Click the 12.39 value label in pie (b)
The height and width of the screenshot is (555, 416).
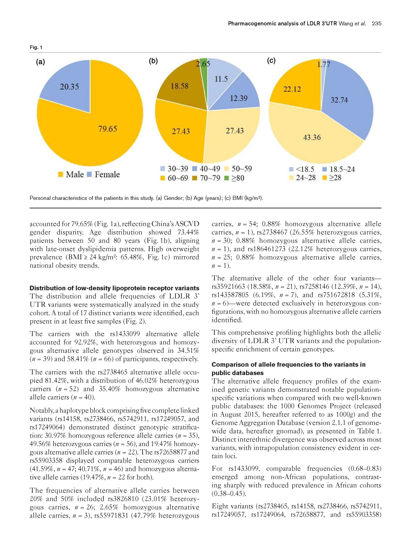239,98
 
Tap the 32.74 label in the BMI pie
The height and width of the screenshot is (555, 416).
339,100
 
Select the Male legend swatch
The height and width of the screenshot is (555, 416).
60,174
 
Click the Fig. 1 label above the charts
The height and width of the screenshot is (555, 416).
36,47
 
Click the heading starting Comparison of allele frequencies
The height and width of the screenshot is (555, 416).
288,364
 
